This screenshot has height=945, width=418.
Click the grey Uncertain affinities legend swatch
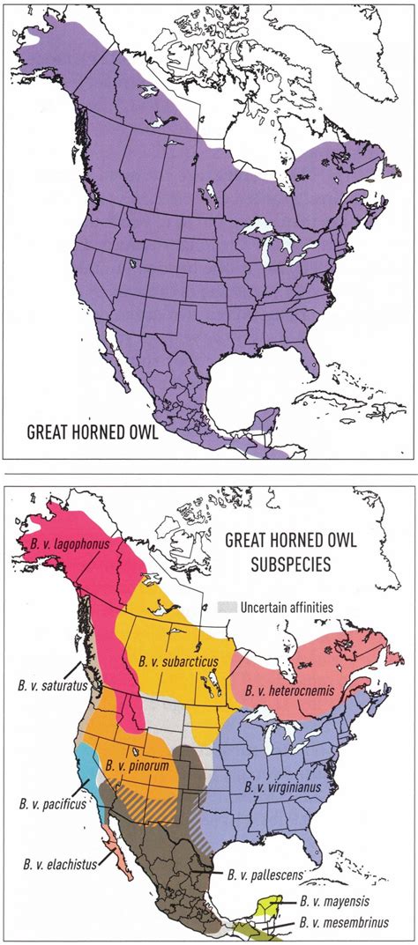(x=228, y=608)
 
